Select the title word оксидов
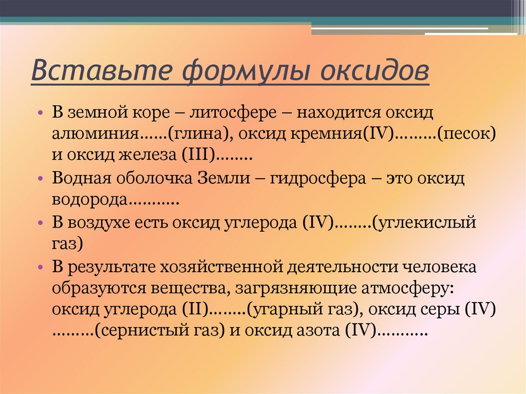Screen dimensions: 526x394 [x=374, y=70]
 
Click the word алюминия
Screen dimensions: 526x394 [x=95, y=134]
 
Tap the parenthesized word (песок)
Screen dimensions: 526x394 [x=466, y=134]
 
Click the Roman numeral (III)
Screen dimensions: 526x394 [x=198, y=155]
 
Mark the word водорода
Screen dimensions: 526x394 [x=89, y=200]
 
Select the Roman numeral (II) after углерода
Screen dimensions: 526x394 [x=195, y=309]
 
